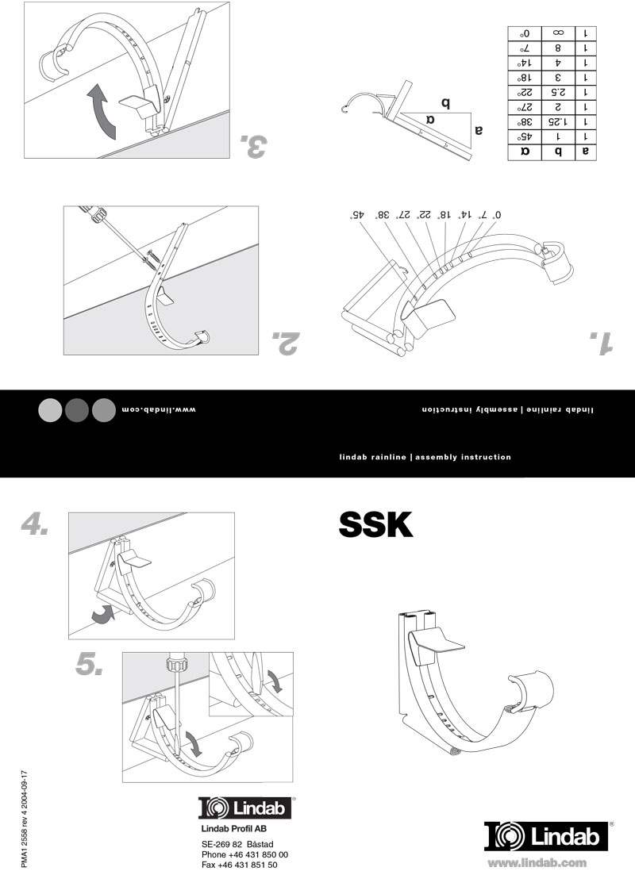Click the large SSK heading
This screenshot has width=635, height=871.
376,524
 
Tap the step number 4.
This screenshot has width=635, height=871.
36,524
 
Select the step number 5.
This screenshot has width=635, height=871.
90,664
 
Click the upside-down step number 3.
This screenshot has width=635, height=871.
253,146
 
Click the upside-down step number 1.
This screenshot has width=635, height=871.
602,342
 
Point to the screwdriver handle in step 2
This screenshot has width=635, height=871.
97,216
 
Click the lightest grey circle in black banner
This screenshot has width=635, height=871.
50,409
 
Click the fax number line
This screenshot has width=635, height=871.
239,865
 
